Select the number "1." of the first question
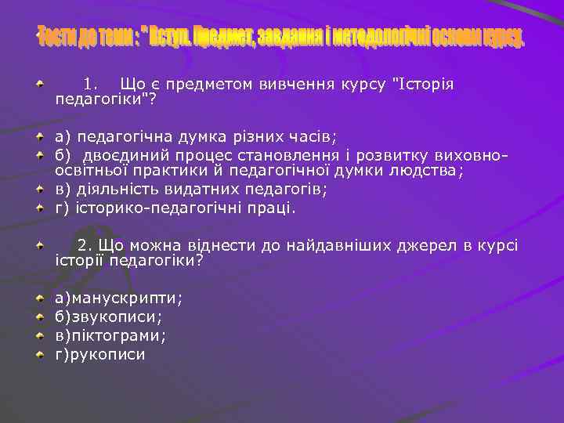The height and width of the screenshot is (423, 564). (x=90, y=84)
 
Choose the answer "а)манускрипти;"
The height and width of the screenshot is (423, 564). (x=117, y=298)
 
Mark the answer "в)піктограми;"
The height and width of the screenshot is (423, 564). (x=110, y=335)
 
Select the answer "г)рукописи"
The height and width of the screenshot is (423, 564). (x=99, y=354)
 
